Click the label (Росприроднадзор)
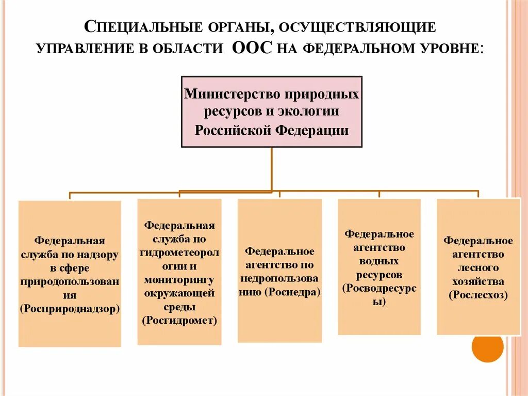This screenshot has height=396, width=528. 70,308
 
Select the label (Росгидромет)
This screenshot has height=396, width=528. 179,320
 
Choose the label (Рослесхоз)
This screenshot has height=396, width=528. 478,295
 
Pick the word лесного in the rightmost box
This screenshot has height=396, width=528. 478,268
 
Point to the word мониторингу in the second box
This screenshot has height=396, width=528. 179,280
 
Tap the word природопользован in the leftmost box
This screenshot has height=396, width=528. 70,281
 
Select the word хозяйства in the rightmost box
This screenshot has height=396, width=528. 478,281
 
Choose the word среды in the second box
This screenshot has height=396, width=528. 179,307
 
